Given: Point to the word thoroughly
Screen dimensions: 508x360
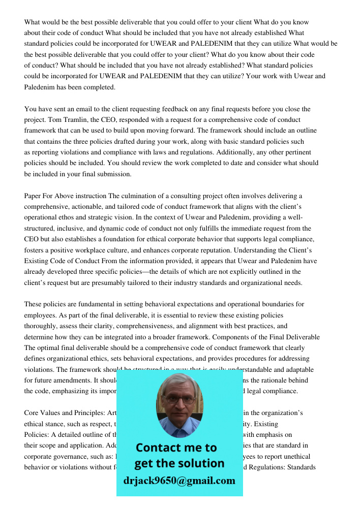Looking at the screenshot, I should click(x=42, y=326).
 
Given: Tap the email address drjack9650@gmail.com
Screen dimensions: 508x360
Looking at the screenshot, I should click(x=179, y=481).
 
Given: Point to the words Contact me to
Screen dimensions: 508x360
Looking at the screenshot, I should click(x=176, y=448).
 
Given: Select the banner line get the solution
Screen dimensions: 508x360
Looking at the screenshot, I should click(x=179, y=463).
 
